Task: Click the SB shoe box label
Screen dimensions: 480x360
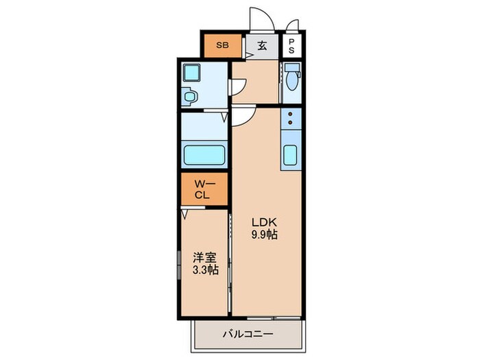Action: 223,45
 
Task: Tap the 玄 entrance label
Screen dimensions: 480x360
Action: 262,46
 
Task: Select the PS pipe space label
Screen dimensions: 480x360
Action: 291,46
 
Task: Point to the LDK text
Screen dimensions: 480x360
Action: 264,221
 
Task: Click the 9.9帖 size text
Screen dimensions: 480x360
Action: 265,235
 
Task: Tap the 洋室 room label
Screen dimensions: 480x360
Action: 204,258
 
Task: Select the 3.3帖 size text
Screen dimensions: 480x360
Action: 205,270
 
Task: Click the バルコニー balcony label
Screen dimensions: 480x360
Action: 248,334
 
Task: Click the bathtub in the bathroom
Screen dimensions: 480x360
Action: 204,155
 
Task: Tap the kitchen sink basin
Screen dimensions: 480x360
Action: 290,155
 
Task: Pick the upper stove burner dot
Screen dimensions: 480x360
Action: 290,115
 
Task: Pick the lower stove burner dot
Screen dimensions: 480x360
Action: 290,123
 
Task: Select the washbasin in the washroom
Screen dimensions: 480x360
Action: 190,97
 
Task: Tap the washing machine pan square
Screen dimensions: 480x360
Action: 191,73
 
